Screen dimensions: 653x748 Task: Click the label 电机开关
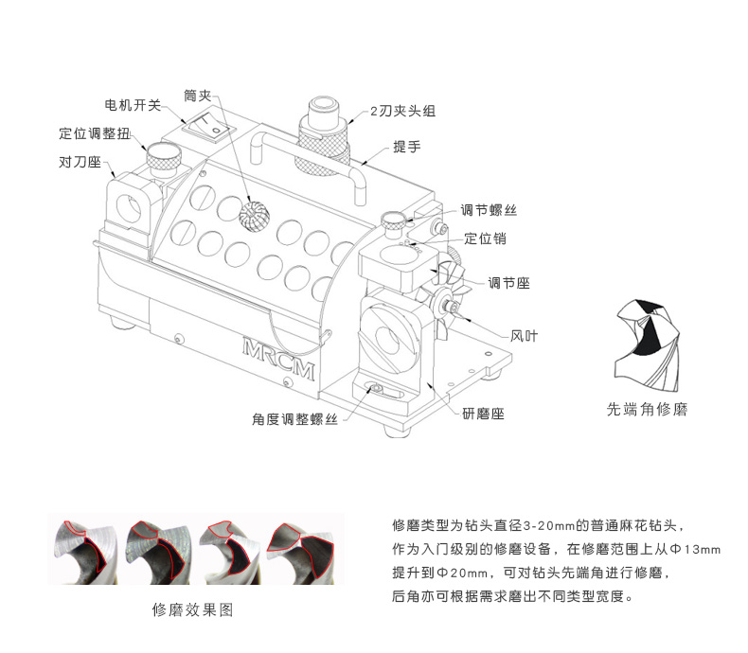pyautogui.click(x=134, y=104)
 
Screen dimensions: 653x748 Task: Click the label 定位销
pyautogui.click(x=485, y=238)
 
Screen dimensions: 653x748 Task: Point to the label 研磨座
pyautogui.click(x=483, y=414)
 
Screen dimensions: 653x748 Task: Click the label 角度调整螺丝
pyautogui.click(x=295, y=418)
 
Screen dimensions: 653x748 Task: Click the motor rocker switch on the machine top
pyautogui.click(x=208, y=123)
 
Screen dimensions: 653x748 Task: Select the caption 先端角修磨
pyautogui.click(x=646, y=411)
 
